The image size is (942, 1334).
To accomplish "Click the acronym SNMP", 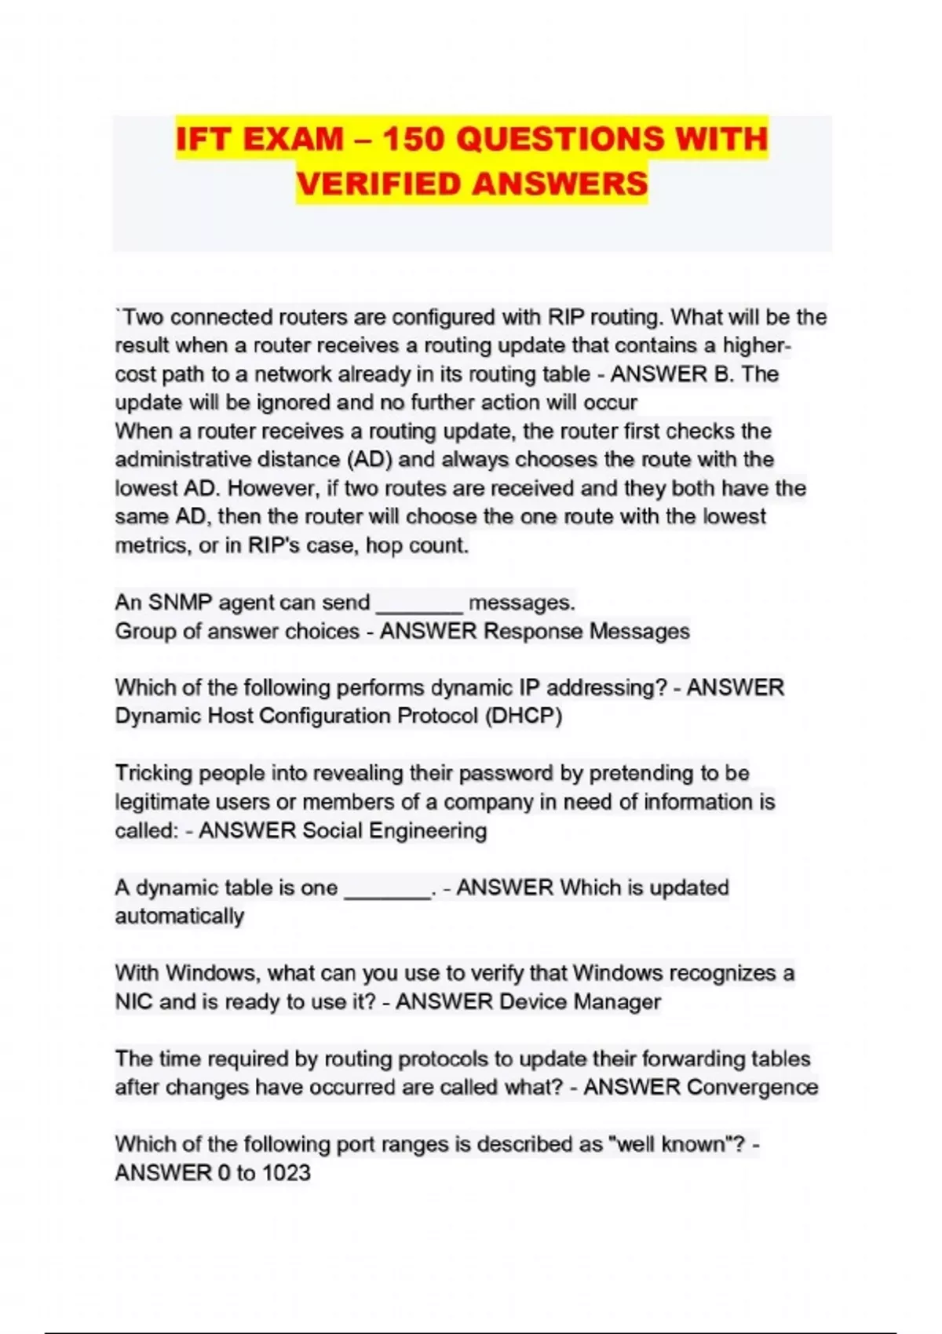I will [x=180, y=603].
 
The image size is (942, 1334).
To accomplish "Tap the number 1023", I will [x=286, y=1172].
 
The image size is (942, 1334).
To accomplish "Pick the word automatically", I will [x=180, y=916].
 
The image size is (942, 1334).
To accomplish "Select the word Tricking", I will [x=154, y=773].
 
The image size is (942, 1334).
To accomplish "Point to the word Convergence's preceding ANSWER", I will [x=631, y=1087].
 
